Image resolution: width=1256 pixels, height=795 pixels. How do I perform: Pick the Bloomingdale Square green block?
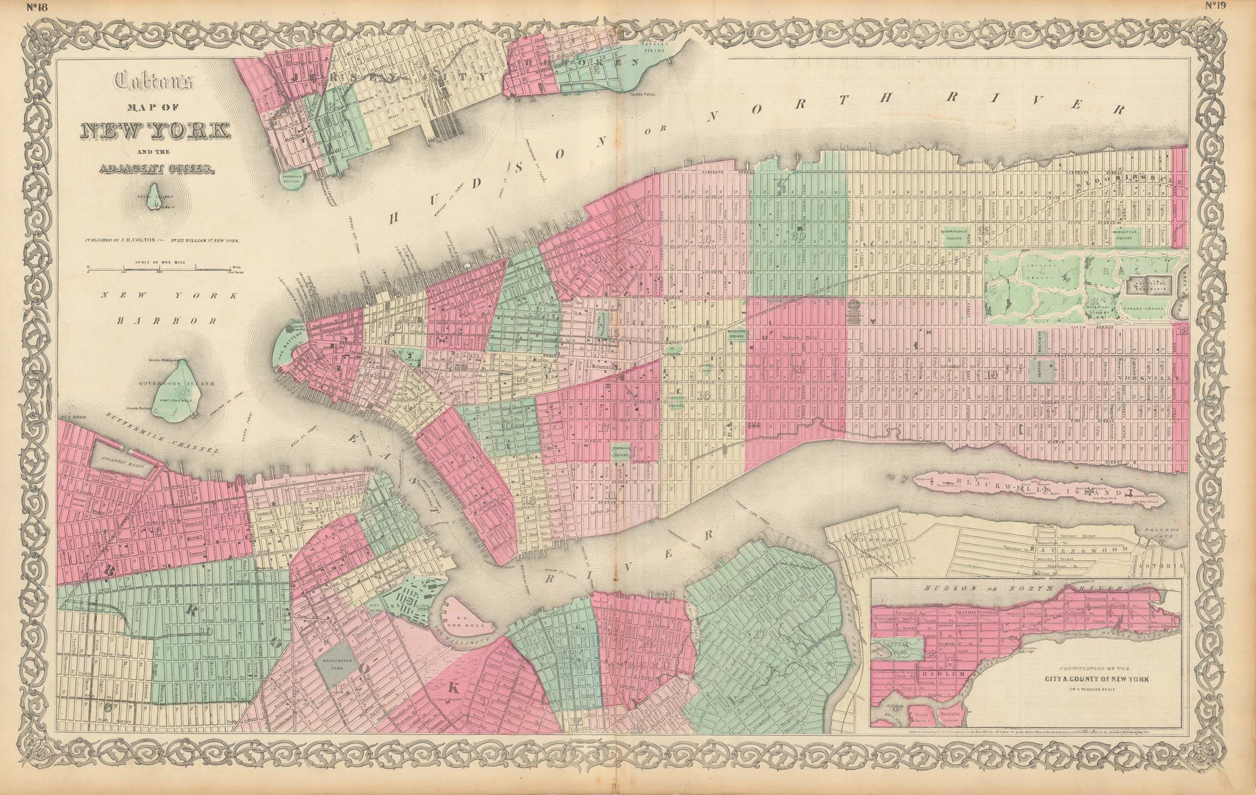pos(958,235)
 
